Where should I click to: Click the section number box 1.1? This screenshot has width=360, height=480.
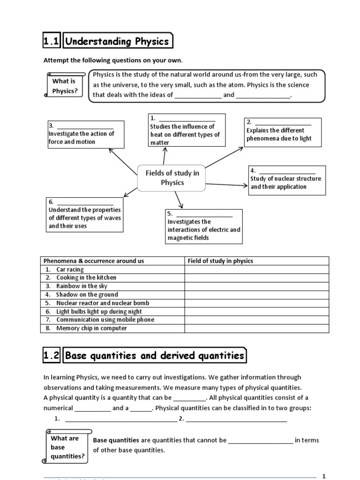(51, 41)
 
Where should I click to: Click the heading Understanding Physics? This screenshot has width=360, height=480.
(117, 41)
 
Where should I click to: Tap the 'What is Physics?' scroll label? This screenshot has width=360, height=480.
(65, 86)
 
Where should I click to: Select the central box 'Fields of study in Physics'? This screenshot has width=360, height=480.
(172, 178)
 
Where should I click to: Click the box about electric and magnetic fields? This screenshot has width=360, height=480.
(203, 226)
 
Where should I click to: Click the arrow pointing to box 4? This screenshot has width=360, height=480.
(227, 185)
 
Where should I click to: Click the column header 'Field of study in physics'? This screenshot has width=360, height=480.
(220, 261)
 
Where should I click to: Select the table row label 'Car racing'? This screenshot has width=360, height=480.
(70, 270)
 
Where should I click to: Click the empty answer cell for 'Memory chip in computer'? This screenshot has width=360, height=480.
(257, 328)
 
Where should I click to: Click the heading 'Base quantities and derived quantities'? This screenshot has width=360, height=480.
(155, 356)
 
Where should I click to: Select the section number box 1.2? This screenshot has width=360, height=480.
(51, 356)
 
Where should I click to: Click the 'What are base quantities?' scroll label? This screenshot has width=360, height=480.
(65, 447)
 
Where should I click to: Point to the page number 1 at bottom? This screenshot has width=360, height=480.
(323, 476)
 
